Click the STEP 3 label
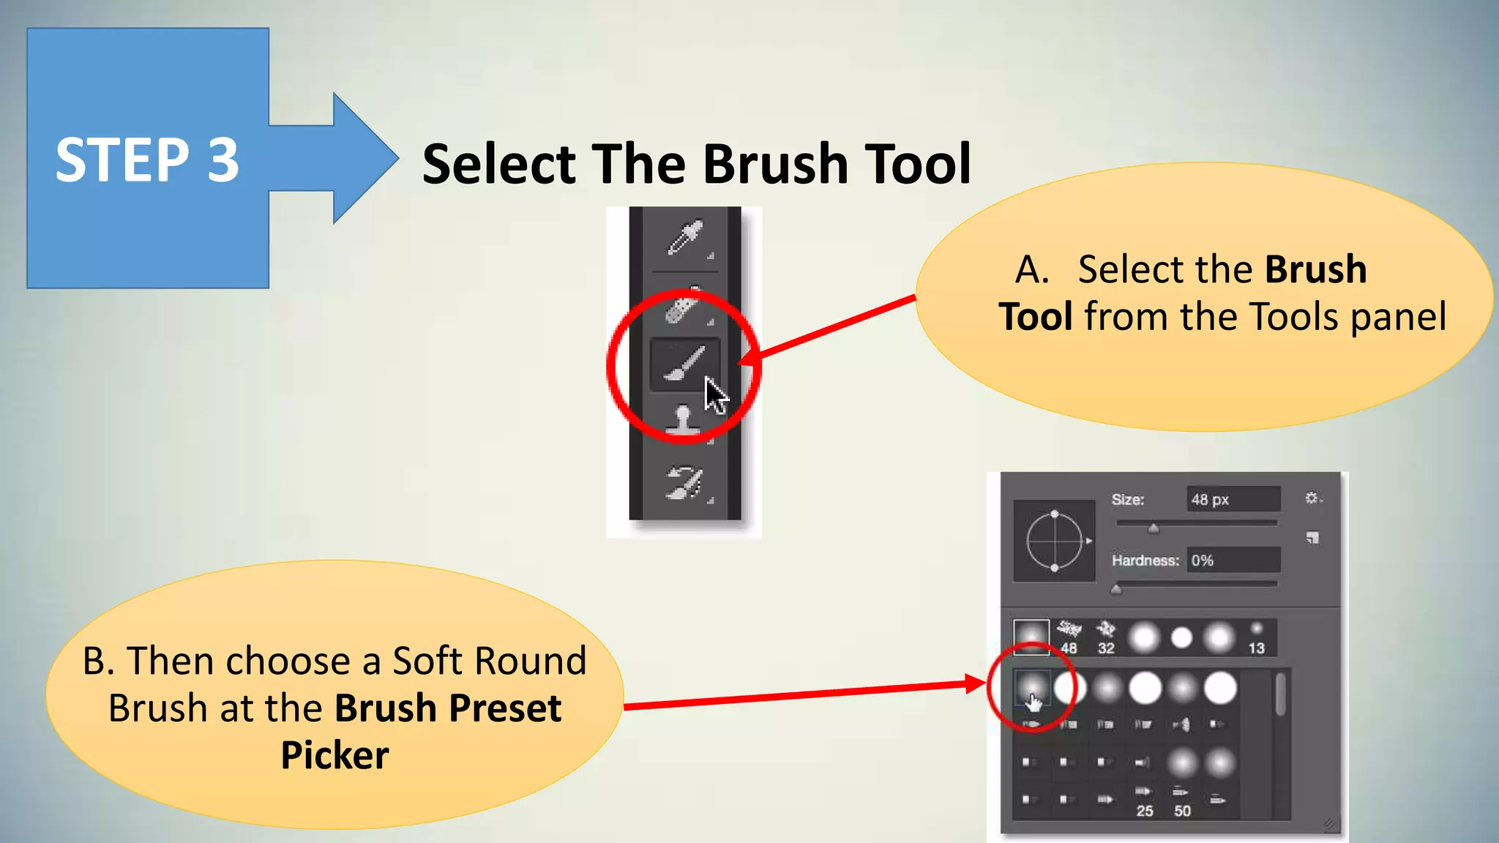click(147, 160)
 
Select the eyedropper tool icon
click(685, 238)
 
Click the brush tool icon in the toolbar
click(683, 364)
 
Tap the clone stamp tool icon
click(683, 421)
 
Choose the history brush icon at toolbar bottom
click(684, 482)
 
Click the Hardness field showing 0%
click(1233, 561)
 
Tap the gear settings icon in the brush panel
click(1312, 498)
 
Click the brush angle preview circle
click(1054, 541)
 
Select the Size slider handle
click(1154, 528)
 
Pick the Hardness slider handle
click(1116, 589)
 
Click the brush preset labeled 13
click(1256, 637)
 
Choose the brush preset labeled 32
click(1106, 637)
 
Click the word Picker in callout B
click(334, 755)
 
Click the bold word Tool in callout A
click(1036, 317)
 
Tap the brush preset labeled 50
click(1182, 801)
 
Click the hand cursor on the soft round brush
click(1033, 702)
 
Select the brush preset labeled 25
click(1144, 801)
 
